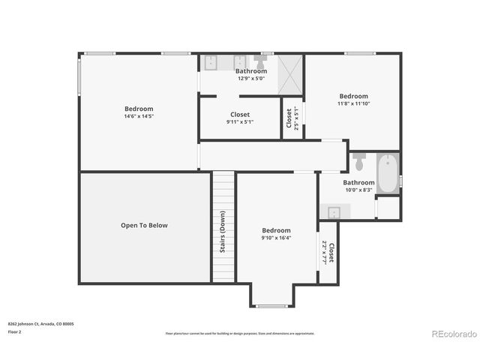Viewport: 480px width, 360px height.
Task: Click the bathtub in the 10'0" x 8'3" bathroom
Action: [x=388, y=174]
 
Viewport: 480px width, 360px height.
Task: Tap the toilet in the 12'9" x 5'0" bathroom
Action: [x=259, y=61]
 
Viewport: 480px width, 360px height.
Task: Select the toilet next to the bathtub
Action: [x=358, y=161]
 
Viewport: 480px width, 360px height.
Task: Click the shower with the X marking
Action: [x=290, y=76]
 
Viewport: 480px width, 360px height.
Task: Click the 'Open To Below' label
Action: [x=145, y=225]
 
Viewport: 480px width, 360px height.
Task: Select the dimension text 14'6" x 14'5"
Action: [x=139, y=116]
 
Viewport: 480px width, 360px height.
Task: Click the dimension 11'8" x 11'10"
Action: [x=353, y=103]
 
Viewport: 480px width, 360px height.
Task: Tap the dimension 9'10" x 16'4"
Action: [x=276, y=238]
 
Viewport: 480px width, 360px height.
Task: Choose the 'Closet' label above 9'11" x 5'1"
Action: [x=240, y=115]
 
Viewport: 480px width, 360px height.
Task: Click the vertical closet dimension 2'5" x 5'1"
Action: [x=296, y=118]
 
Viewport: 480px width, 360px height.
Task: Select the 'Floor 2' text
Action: [x=15, y=331]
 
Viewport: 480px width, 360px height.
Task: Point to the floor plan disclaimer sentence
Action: [x=240, y=333]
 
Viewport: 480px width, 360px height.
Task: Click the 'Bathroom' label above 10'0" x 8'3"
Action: [x=358, y=182]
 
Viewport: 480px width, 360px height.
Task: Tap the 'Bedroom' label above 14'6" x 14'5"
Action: [x=139, y=109]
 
